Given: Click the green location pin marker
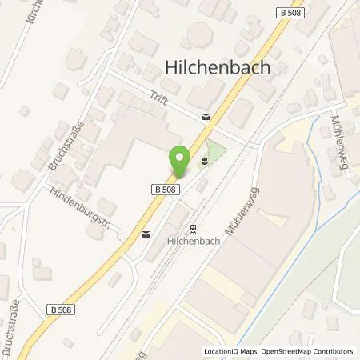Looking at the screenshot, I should coord(180,162).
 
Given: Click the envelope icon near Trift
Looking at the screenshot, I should coord(207,117).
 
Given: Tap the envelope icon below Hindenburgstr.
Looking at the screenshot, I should coord(146,234).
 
